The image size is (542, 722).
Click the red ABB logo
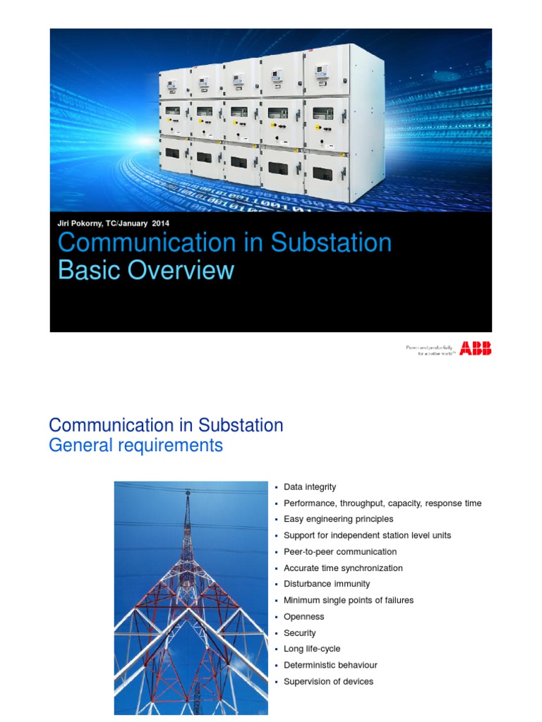pyautogui.click(x=476, y=348)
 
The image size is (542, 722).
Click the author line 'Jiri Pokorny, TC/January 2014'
pyautogui.click(x=113, y=224)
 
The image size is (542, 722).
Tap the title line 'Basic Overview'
pyautogui.click(x=145, y=270)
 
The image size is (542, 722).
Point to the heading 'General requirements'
pyautogui.click(x=135, y=446)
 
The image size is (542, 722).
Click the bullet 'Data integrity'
pyautogui.click(x=310, y=487)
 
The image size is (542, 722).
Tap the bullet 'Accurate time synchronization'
pyautogui.click(x=343, y=568)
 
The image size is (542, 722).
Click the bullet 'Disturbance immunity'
pyautogui.click(x=326, y=584)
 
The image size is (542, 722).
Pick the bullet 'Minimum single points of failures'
pyautogui.click(x=348, y=600)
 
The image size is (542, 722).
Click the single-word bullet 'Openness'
pyautogui.click(x=303, y=616)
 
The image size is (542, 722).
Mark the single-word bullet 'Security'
pyautogui.click(x=300, y=633)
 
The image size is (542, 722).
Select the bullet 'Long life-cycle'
pyautogui.click(x=312, y=649)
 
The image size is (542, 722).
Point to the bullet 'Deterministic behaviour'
pyautogui.click(x=330, y=665)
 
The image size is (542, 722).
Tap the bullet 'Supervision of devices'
pyautogui.click(x=328, y=681)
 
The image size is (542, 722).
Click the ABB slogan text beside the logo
pyautogui.click(x=430, y=349)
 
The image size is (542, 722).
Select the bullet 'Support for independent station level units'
pyautogui.click(x=367, y=535)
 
